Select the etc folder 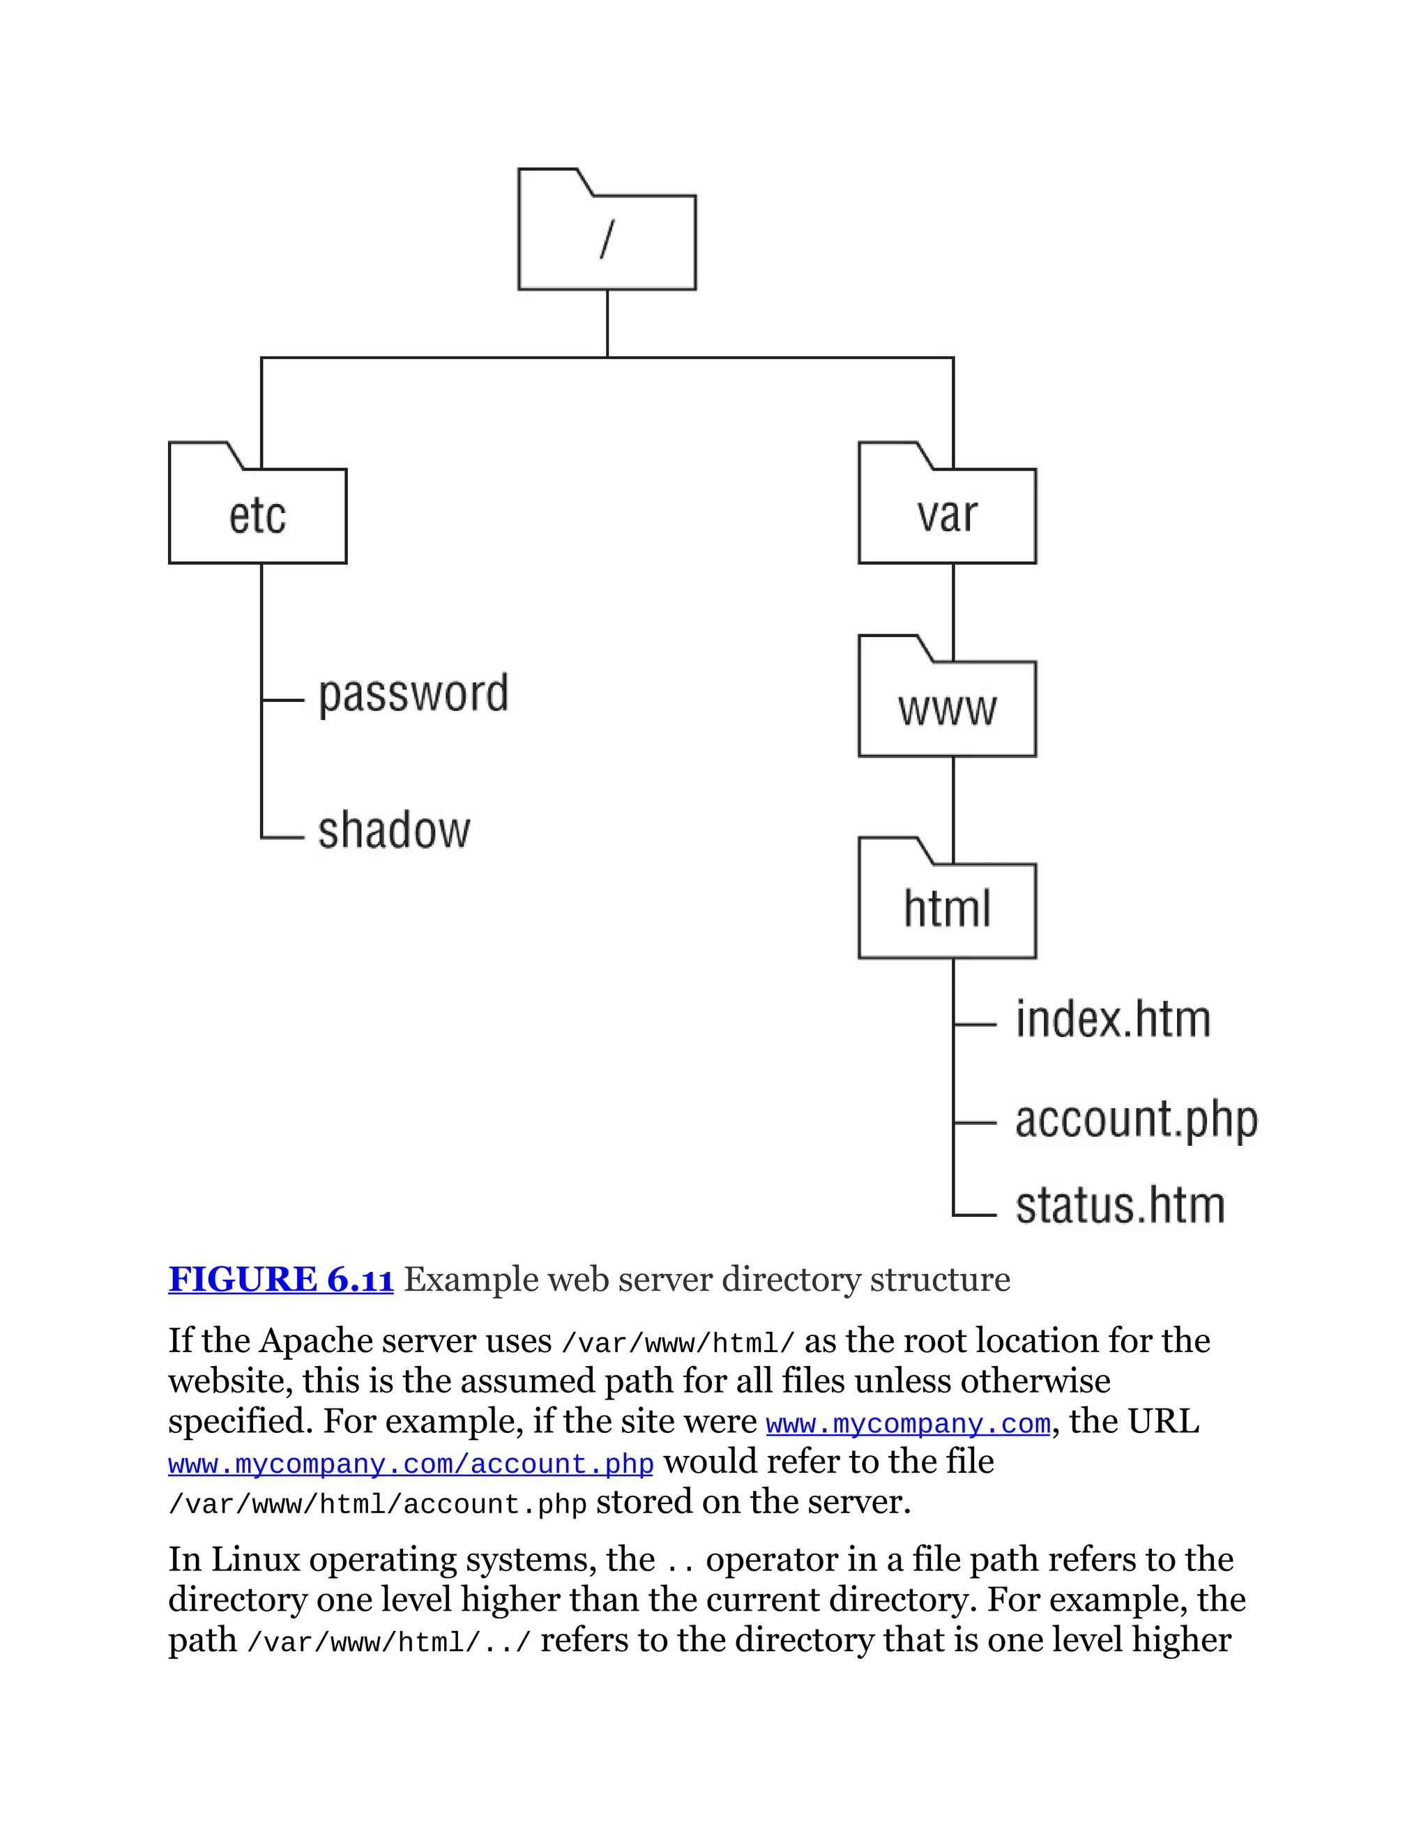(x=257, y=514)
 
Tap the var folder (x=947, y=514)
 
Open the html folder (x=947, y=909)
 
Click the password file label (x=413, y=695)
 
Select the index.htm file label (x=1112, y=1019)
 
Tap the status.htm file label (x=1119, y=1205)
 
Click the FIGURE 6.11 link (x=281, y=1280)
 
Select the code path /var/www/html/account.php (x=377, y=1505)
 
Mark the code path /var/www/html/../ (x=388, y=1641)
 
